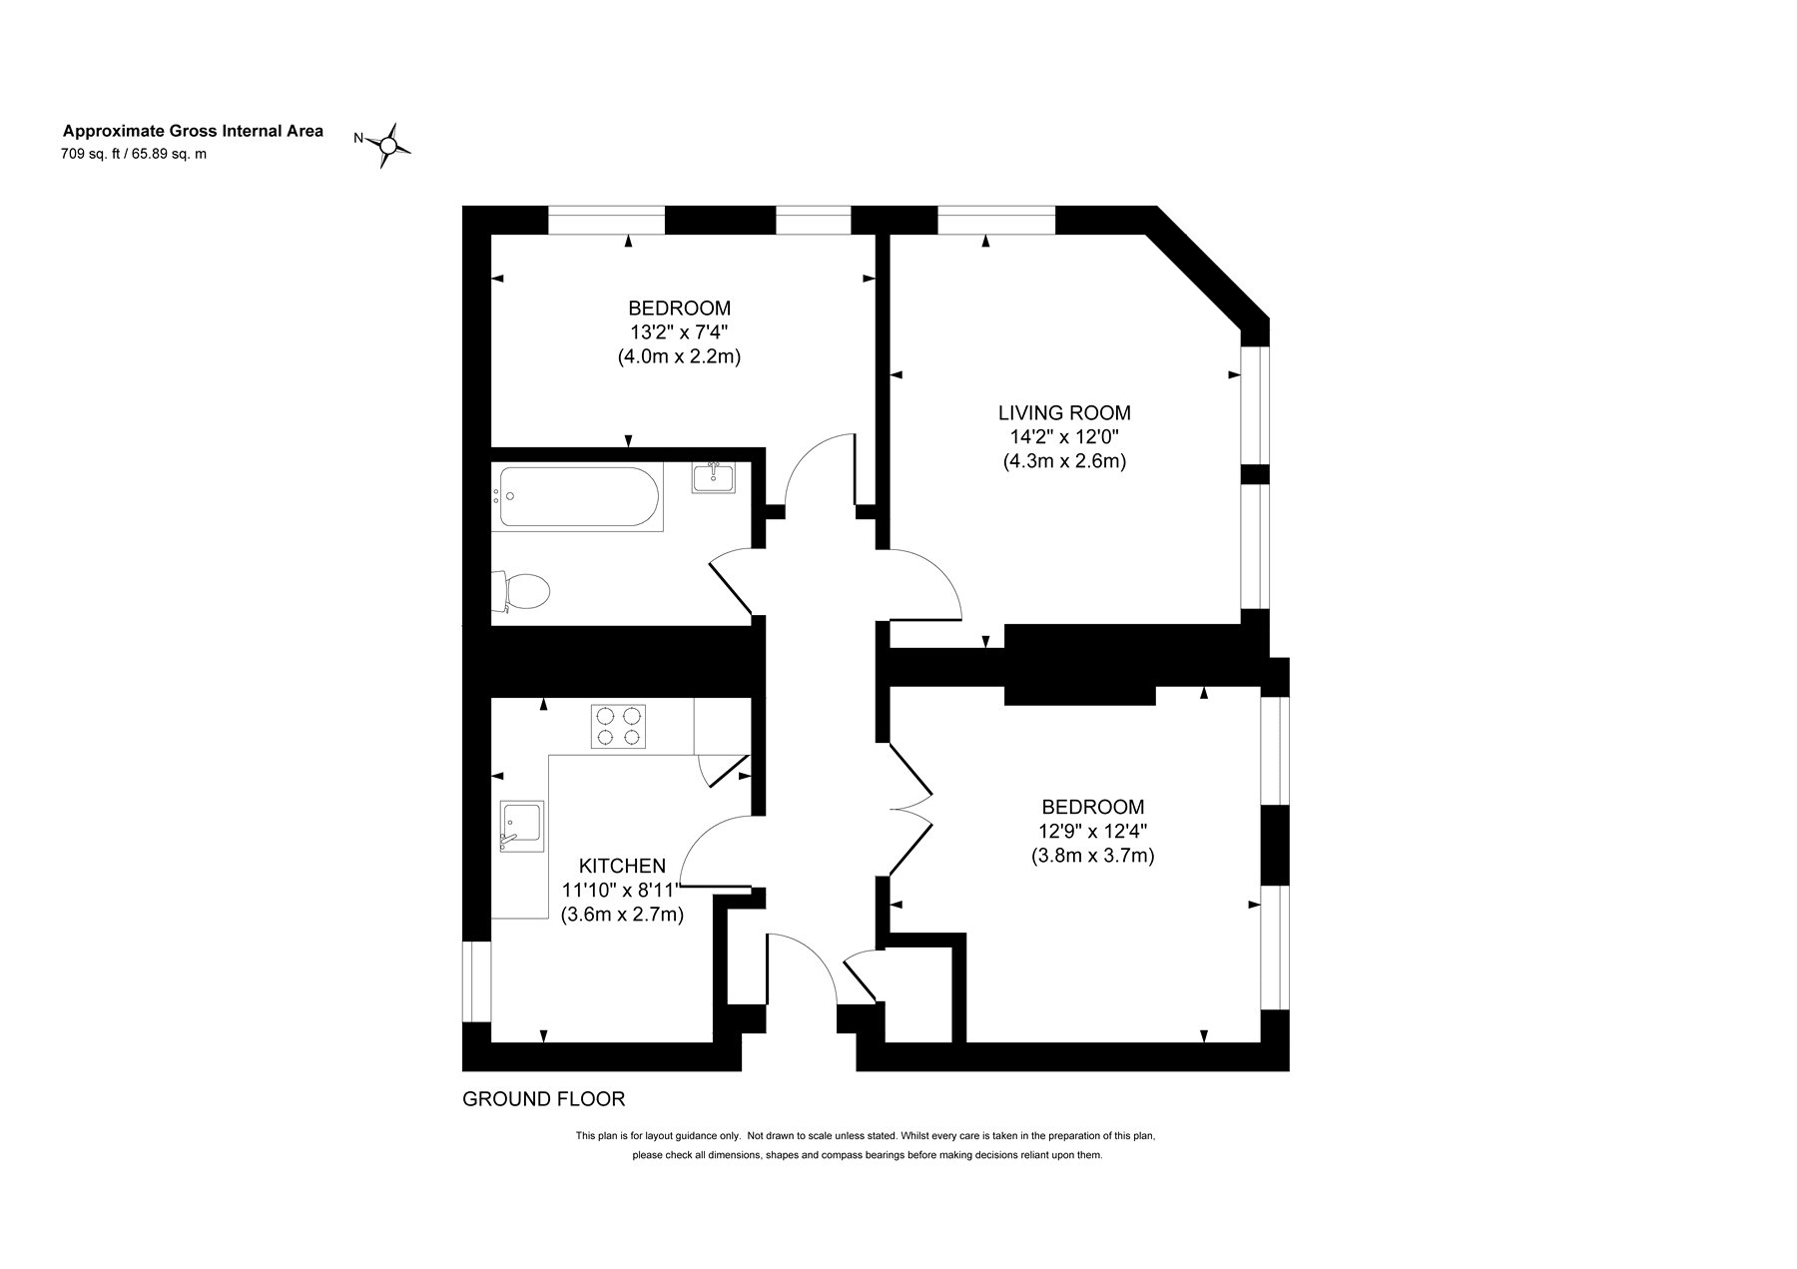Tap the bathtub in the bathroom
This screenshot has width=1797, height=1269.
(577, 497)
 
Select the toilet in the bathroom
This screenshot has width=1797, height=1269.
(520, 591)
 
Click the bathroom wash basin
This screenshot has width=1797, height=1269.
(713, 477)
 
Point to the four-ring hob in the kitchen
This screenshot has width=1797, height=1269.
(619, 727)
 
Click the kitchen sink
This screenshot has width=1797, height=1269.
(522, 826)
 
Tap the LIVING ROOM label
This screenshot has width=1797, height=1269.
(1065, 412)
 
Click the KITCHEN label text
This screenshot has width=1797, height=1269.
(623, 866)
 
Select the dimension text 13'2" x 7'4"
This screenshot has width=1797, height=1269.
(679, 331)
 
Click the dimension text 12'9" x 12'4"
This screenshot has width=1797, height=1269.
(1093, 831)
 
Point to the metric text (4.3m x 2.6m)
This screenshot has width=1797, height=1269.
(1065, 462)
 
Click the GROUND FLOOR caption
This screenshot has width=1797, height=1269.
(544, 1099)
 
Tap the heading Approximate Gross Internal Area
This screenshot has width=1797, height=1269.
(194, 131)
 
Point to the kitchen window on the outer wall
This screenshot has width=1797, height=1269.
(477, 981)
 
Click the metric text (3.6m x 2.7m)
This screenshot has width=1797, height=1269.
(623, 914)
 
